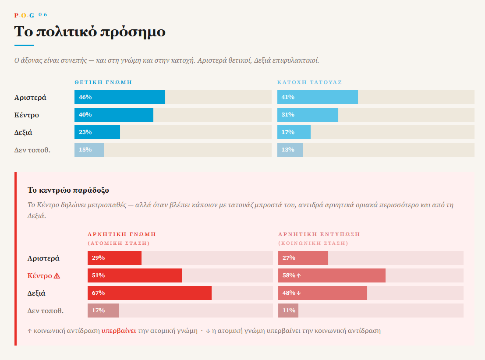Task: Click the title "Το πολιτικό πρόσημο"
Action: click(x=90, y=32)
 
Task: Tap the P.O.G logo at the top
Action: click(x=24, y=15)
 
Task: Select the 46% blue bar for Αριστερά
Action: click(x=120, y=97)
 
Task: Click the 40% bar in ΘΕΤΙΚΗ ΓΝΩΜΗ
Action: click(x=114, y=115)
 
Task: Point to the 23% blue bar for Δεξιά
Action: click(x=97, y=132)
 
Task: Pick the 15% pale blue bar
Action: click(x=89, y=150)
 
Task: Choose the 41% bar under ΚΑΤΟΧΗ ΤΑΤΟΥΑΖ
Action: click(x=317, y=97)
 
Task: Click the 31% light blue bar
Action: click(x=308, y=115)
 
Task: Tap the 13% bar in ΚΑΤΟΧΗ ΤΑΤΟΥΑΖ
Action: click(x=290, y=150)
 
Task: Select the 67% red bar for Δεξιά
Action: click(x=149, y=293)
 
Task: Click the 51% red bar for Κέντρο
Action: click(x=135, y=275)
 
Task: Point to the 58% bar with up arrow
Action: click(x=332, y=275)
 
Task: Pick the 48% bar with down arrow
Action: click(x=322, y=293)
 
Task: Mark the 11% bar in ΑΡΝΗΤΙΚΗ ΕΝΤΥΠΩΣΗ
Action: click(x=288, y=311)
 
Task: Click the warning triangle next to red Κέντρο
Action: click(x=57, y=276)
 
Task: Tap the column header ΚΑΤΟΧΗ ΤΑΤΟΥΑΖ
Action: click(x=309, y=82)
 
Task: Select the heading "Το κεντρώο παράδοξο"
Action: click(x=68, y=190)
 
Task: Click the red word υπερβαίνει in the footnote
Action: click(x=119, y=331)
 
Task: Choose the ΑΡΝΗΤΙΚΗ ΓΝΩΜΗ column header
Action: click(x=122, y=234)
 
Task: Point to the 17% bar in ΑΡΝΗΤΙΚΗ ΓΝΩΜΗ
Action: click(x=103, y=311)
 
